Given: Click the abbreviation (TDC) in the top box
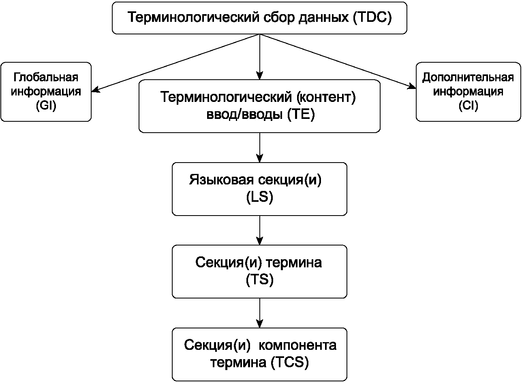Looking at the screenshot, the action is (372, 17).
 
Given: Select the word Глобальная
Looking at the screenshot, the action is (46, 77).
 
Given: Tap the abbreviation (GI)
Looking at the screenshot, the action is (46, 106).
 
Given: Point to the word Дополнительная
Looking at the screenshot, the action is (468, 78).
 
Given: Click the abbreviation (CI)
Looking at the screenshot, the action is (468, 106).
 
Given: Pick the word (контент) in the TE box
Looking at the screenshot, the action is (326, 97).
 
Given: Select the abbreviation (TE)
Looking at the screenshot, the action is (301, 114).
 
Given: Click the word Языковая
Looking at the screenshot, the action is (221, 180).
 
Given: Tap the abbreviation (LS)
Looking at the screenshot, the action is (260, 197).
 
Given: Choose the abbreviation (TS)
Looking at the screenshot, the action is (260, 279).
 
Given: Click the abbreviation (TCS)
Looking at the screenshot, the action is (290, 362).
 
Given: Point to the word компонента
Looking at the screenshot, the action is (297, 345).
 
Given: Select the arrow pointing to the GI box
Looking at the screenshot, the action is (175, 63).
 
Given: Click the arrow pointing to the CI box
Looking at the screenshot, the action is (338, 61).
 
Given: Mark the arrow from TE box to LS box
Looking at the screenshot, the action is (260, 148).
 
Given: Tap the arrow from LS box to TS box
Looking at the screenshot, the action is (260, 230).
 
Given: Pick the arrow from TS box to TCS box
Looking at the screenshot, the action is (260, 313).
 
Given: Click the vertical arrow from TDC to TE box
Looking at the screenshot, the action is (260, 57).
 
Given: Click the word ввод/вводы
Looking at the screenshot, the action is (244, 114).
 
